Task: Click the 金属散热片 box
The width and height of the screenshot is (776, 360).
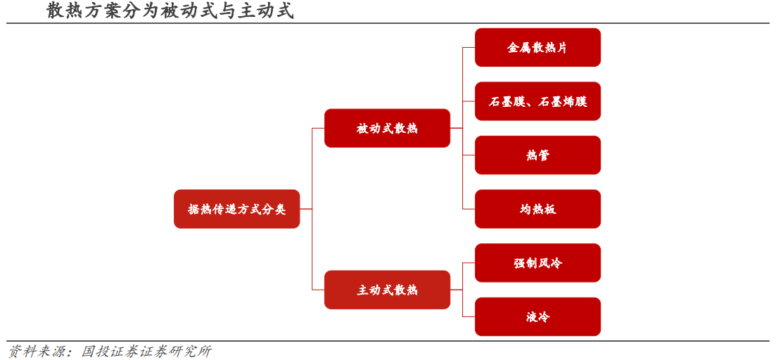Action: pos(538,47)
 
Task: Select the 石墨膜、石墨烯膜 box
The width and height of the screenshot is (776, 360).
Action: pos(538,101)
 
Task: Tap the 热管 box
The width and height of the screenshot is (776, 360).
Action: pos(538,155)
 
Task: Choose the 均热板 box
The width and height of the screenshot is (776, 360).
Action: pos(538,209)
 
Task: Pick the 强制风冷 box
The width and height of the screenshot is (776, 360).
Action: pos(538,263)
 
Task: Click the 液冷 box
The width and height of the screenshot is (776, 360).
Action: pos(538,316)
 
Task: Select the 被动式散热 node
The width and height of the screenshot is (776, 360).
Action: pos(387,128)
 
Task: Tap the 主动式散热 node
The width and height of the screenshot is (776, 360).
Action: pos(387,290)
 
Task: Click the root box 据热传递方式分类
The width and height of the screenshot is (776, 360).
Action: pos(236,209)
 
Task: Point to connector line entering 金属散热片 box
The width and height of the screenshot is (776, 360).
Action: pos(469,47)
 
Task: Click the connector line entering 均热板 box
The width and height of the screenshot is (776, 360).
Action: pos(469,209)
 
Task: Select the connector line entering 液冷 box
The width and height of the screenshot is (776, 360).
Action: pos(469,316)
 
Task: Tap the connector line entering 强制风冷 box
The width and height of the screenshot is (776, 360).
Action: pos(469,263)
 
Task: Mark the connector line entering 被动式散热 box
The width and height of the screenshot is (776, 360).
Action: pos(318,128)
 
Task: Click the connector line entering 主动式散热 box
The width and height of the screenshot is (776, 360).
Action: pos(318,290)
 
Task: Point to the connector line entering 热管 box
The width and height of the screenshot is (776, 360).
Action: pos(469,155)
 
